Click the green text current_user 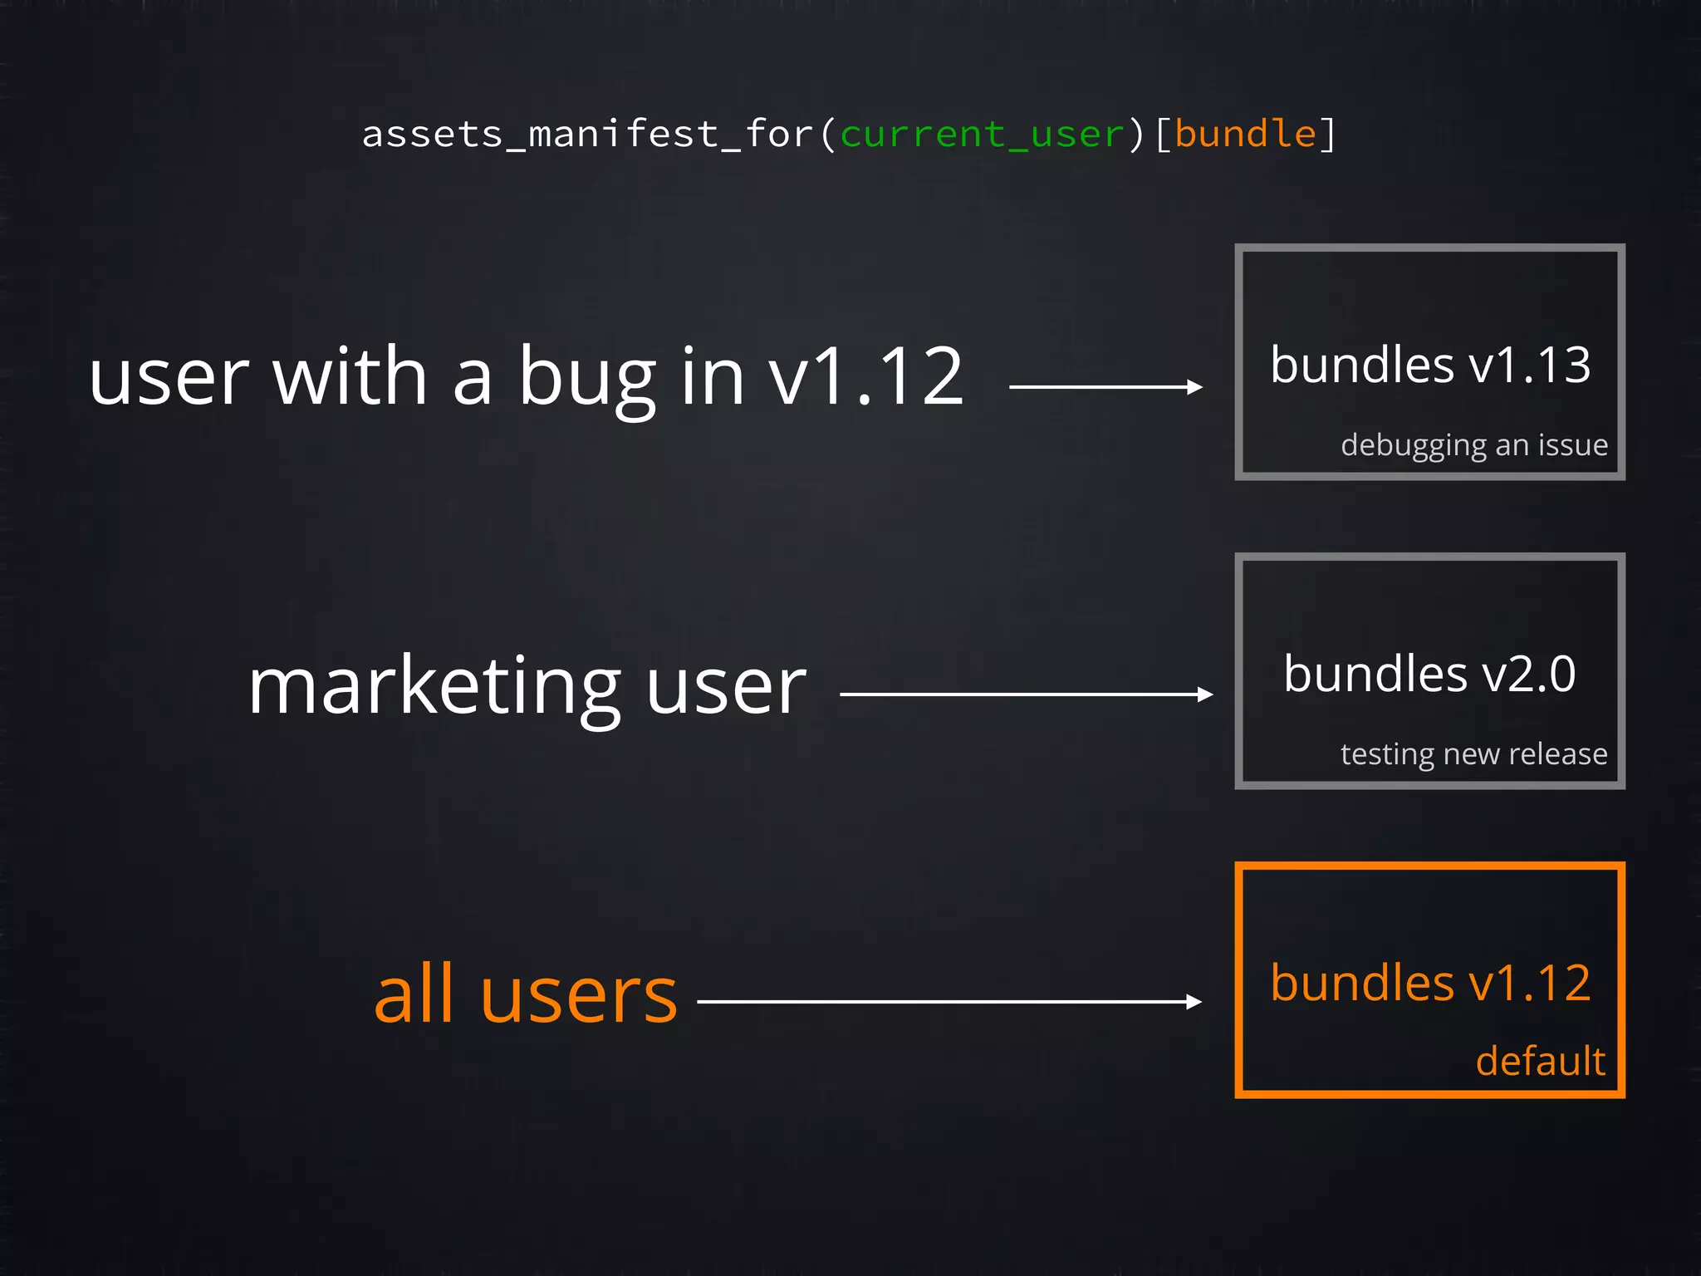[x=983, y=135]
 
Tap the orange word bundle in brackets [x=1246, y=134]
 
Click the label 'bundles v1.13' [x=1430, y=366]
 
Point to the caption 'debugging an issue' [x=1474, y=445]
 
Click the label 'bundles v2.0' [x=1429, y=674]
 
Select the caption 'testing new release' [x=1473, y=754]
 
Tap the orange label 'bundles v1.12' [x=1430, y=983]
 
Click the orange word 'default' [x=1540, y=1062]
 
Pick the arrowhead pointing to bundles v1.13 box [x=1195, y=387]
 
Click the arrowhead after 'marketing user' [x=1206, y=694]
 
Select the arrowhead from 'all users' [x=1194, y=1002]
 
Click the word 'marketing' [x=434, y=688]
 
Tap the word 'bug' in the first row [x=588, y=379]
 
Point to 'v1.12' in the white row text [x=865, y=378]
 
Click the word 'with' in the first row [x=350, y=378]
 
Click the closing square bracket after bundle [x=1328, y=135]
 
